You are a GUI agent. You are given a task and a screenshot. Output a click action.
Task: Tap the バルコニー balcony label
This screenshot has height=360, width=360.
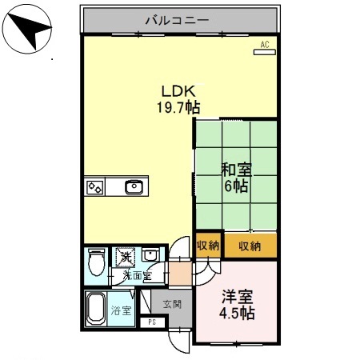tap(178, 18)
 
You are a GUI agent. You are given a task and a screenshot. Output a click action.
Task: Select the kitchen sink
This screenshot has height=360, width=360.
tap(134, 188)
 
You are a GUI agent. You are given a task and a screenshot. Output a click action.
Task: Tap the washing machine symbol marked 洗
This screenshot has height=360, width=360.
tap(126, 258)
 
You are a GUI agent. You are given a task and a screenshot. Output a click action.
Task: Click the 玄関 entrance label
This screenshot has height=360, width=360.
tap(171, 304)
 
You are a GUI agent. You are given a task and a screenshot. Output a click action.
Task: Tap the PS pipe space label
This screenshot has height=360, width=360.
tap(152, 322)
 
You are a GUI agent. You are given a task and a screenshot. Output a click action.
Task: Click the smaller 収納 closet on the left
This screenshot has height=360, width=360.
tap(207, 246)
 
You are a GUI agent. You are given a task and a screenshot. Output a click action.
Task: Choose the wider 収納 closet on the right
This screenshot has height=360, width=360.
tap(250, 246)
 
